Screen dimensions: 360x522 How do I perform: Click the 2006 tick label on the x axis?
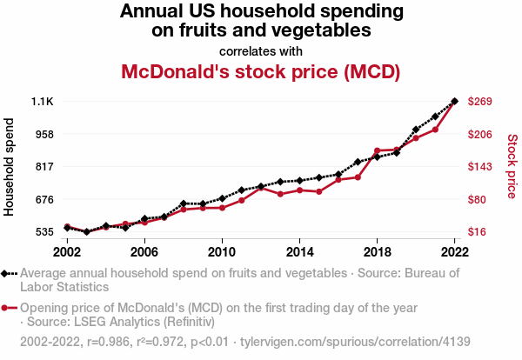(144, 251)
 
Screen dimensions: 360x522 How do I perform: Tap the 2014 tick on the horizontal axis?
(299, 251)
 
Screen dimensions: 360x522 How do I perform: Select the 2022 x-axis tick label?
(455, 251)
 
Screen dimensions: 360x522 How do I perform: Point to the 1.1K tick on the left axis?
(43, 102)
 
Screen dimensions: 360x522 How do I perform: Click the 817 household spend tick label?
(44, 167)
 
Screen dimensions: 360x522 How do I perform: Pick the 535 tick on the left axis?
(44, 232)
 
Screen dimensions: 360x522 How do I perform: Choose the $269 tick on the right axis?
(481, 102)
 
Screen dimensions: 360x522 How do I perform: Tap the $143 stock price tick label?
(481, 167)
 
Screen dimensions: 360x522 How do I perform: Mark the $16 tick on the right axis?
(478, 232)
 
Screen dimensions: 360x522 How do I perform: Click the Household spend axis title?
(10, 167)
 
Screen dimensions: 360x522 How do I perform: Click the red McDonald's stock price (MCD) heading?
(261, 71)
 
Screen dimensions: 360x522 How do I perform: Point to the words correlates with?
(261, 50)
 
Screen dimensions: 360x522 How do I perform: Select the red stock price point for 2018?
(378, 150)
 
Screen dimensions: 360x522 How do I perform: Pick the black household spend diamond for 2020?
(416, 130)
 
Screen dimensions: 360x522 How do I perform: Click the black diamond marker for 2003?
(86, 232)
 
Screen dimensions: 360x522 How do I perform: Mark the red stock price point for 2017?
(358, 177)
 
